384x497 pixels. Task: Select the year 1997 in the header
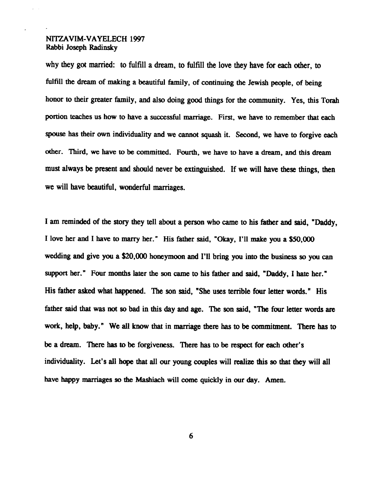[x=137, y=39]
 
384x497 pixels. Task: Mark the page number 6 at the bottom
[x=191, y=436]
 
